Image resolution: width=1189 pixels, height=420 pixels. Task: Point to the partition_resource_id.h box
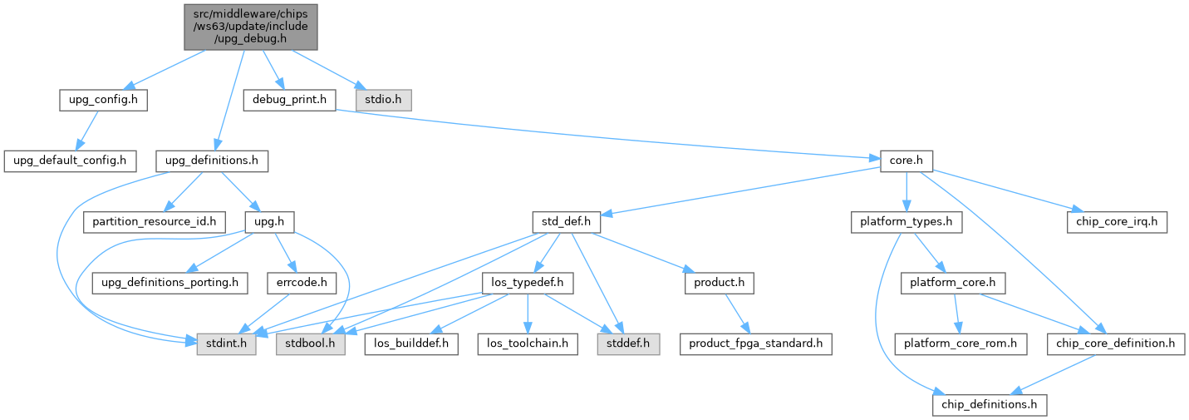pyautogui.click(x=155, y=222)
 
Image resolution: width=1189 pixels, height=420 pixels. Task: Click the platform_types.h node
pyautogui.click(x=906, y=222)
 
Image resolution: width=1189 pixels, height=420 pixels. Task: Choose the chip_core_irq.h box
pyautogui.click(x=1118, y=222)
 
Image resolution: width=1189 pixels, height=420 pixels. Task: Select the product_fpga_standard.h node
pyautogui.click(x=755, y=343)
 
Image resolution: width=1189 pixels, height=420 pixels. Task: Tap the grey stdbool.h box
pyautogui.click(x=311, y=343)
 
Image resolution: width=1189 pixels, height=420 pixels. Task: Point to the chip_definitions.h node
pyautogui.click(x=990, y=404)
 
